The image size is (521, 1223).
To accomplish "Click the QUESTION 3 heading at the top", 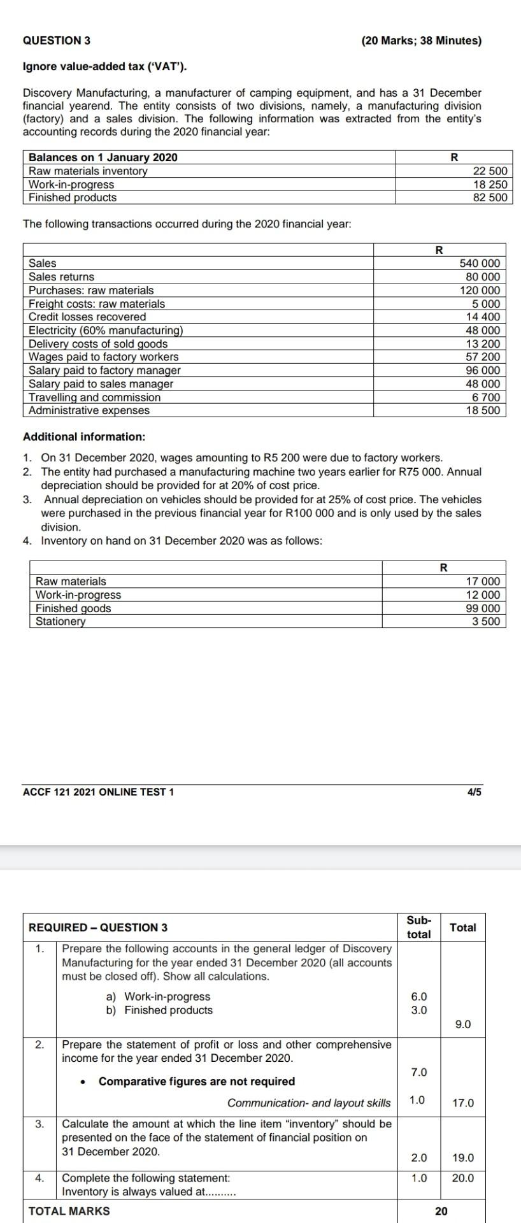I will pos(56,40).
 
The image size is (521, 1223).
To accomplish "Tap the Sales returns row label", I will pos(61,276).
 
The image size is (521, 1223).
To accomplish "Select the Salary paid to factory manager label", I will pos(104,370).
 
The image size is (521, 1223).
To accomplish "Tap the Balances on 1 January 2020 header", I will pos(103,157).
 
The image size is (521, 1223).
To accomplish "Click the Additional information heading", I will pos(84,436).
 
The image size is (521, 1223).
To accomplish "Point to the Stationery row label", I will pos(61,621).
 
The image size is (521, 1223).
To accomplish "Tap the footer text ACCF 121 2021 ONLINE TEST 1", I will pos(98,792).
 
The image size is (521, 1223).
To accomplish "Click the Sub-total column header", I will pos(418,927).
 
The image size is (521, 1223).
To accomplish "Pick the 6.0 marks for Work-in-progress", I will pos(419,996).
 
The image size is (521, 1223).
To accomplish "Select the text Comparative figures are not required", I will pos(197,1081).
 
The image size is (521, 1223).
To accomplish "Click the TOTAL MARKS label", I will pos(69,1211).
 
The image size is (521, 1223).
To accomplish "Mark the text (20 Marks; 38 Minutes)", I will pos(421,40).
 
